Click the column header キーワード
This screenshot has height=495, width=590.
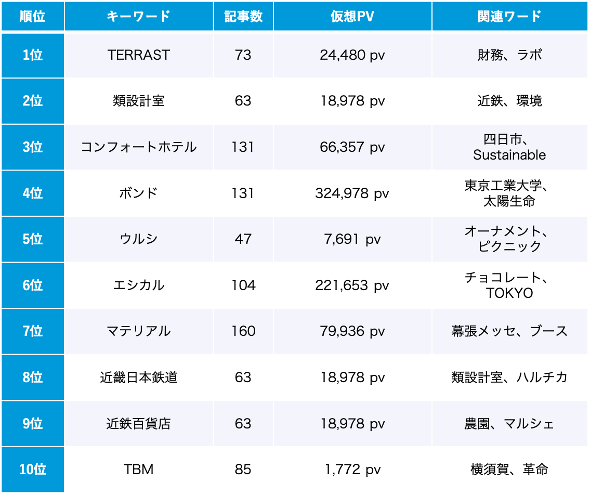(139, 16)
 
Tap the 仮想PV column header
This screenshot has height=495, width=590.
(352, 16)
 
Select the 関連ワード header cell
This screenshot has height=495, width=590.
(509, 16)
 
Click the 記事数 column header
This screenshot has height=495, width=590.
(243, 16)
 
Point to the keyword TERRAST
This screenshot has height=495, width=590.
(139, 55)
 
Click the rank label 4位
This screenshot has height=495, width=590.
(33, 193)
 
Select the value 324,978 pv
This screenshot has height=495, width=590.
(352, 193)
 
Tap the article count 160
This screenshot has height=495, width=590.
(243, 331)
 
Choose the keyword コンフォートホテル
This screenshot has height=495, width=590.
(139, 147)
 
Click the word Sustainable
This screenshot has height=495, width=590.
(509, 155)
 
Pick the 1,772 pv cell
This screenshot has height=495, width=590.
(352, 470)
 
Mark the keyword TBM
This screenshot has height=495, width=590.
(139, 470)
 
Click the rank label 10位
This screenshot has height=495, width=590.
(33, 470)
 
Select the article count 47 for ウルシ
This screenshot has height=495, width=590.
(243, 239)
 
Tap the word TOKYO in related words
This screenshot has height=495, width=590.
(509, 293)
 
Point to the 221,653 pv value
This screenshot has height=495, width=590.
(352, 285)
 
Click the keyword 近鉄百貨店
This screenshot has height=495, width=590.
(139, 424)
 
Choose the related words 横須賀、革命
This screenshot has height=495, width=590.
(509, 470)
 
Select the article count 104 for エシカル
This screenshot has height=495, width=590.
(243, 285)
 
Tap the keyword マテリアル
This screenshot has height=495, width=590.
(139, 331)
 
